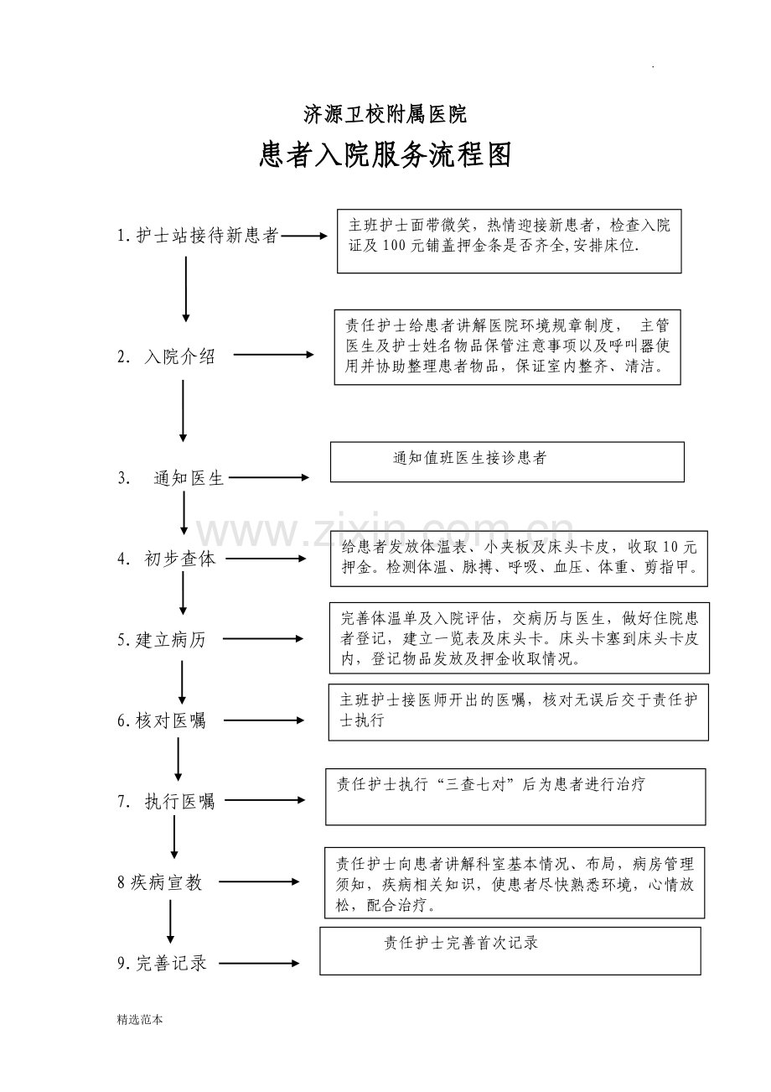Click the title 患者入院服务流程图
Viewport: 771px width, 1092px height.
(x=385, y=155)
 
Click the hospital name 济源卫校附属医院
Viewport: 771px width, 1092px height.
(x=385, y=113)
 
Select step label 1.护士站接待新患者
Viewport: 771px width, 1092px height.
(x=198, y=237)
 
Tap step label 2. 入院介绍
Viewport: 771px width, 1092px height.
(x=167, y=356)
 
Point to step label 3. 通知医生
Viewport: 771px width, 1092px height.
(x=172, y=479)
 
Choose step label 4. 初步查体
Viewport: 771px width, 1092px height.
(x=167, y=559)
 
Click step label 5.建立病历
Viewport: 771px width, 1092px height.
(x=161, y=640)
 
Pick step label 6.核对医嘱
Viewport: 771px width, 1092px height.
(x=161, y=720)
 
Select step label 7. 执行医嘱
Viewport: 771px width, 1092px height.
(x=166, y=802)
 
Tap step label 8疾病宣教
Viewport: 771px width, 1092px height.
(x=160, y=882)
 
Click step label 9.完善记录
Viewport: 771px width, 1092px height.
(x=162, y=964)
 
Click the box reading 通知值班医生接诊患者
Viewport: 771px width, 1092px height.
(x=507, y=461)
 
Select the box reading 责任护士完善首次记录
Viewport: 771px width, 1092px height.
(x=510, y=950)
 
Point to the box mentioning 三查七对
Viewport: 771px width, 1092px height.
(x=515, y=796)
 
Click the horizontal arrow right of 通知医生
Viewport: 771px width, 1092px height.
(x=269, y=478)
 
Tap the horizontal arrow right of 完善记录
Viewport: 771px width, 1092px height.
(x=259, y=964)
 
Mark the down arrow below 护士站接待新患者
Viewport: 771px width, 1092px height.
(x=186, y=289)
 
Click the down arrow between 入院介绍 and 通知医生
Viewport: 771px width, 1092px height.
(x=183, y=411)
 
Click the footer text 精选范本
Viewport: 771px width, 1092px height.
(x=140, y=1020)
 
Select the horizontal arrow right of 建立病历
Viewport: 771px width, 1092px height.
(x=263, y=639)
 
